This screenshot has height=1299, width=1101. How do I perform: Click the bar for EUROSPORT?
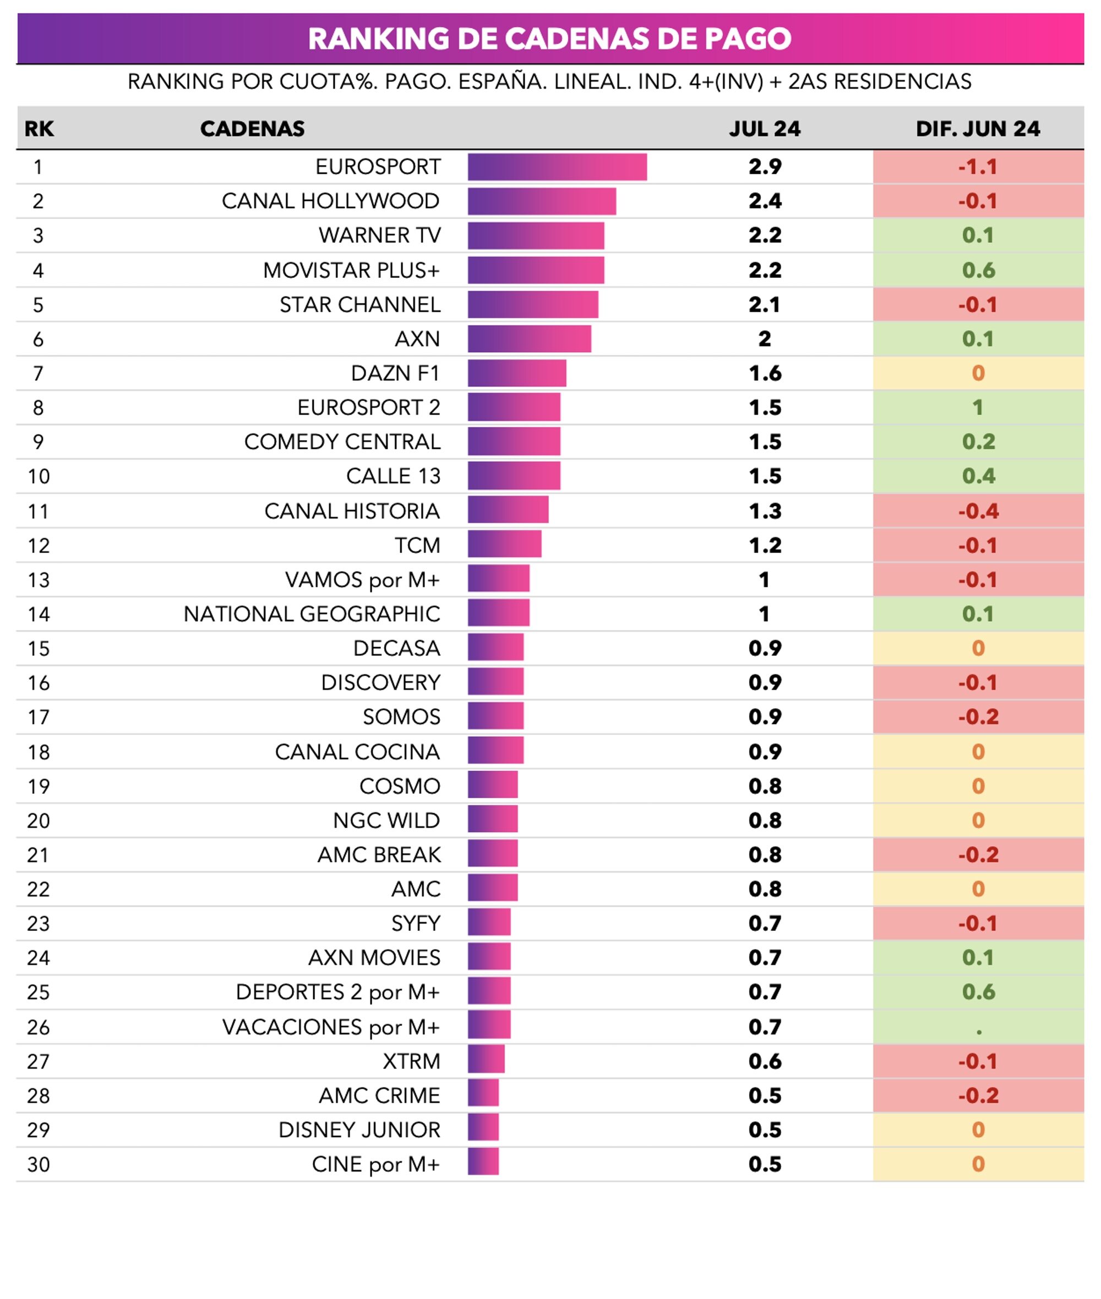tap(557, 167)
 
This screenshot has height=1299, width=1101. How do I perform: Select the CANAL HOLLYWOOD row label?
tap(330, 201)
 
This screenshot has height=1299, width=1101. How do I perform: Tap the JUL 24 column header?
tap(765, 129)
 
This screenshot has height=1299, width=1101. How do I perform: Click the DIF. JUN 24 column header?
tap(978, 129)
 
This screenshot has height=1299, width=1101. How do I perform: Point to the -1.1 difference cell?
tap(978, 167)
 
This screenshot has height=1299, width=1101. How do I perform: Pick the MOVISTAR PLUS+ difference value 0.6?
tap(978, 270)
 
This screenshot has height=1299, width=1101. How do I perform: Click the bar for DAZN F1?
tap(517, 373)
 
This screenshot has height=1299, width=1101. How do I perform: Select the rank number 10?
tap(38, 476)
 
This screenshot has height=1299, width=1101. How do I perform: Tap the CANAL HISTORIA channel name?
tap(352, 511)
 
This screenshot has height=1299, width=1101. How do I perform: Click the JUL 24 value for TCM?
tap(765, 545)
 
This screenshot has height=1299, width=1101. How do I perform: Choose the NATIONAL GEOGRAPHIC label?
tap(312, 614)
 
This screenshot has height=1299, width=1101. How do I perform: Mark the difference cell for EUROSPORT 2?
tap(978, 408)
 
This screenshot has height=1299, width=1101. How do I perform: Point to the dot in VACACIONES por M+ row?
tap(979, 1033)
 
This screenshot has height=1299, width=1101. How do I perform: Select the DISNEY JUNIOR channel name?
tap(359, 1130)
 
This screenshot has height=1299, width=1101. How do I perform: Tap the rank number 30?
tap(38, 1164)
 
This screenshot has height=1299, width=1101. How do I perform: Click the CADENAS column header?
tap(252, 129)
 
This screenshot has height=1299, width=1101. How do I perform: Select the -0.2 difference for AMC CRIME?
tap(978, 1095)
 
